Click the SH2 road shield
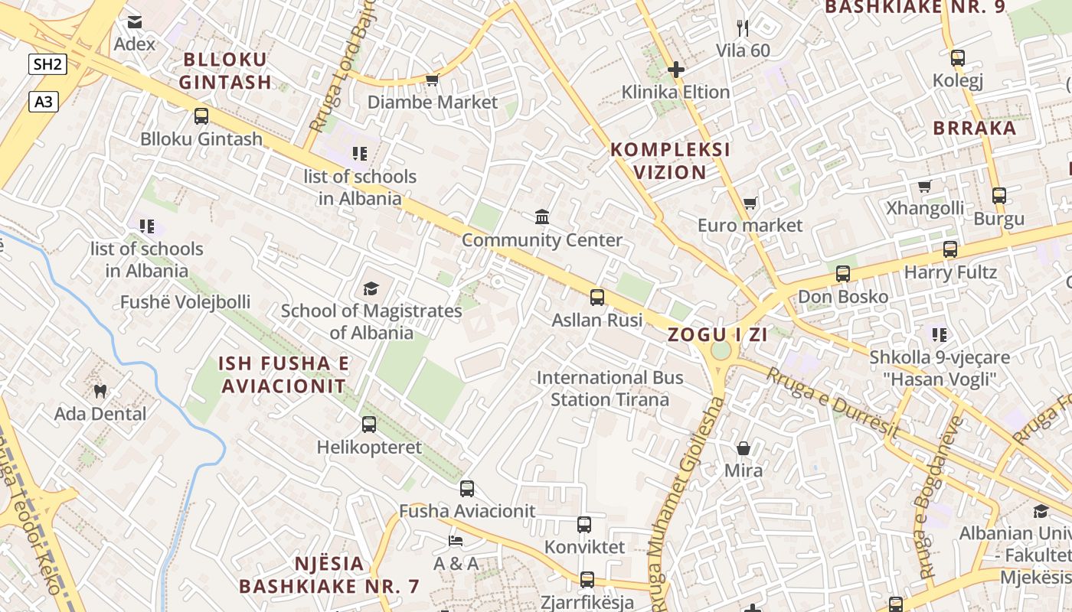pos(47,64)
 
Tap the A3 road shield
pos(44,101)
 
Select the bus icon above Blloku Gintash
pos(201,116)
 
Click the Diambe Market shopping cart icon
pos(432,80)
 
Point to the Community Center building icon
pos(542,217)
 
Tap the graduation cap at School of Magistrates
pos(371,288)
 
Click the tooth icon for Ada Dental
pos(100,392)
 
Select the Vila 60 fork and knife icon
pos(742,28)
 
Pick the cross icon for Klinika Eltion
pos(675,70)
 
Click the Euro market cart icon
pos(750,203)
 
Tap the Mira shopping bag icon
pos(743,448)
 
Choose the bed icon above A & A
pos(456,541)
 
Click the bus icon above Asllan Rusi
pos(597,298)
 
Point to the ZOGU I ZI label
pos(717,334)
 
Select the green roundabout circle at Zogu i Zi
pos(721,350)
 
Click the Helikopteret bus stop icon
pos(369,425)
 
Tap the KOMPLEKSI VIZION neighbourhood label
pos(670,161)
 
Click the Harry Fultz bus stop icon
pos(950,249)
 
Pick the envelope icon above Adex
pos(135,22)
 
